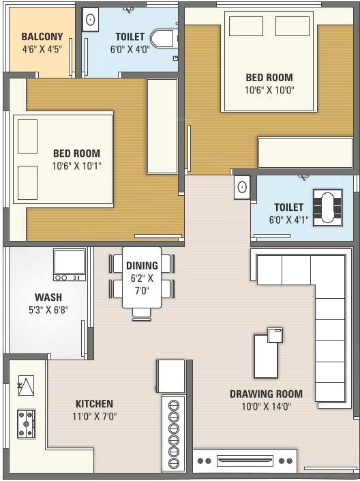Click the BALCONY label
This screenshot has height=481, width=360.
[x=42, y=37]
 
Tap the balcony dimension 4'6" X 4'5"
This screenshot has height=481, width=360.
[x=42, y=48]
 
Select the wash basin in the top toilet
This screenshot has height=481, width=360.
[x=91, y=20]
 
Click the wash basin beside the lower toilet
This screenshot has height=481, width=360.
[x=242, y=187]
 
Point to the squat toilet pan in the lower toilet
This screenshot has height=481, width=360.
[x=328, y=207]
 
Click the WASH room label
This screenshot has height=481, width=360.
[x=48, y=297]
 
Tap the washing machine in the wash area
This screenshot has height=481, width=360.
[x=70, y=265]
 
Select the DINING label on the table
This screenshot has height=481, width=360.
[x=142, y=265]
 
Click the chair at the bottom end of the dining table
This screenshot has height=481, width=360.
[x=142, y=315]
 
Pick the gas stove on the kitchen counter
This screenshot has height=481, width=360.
[x=27, y=424]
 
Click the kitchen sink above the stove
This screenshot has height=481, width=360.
[x=26, y=385]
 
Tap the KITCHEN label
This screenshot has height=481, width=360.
[x=95, y=403]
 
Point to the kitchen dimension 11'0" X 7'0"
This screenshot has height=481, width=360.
[x=95, y=417]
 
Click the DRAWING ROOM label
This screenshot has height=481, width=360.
[x=266, y=394]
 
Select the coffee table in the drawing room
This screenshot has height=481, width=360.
[x=266, y=356]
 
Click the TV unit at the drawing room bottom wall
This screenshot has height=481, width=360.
[x=245, y=461]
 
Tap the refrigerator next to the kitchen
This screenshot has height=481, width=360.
[x=171, y=377]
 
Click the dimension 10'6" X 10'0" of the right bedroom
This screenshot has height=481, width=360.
[x=269, y=90]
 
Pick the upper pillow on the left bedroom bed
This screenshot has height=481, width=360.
[x=27, y=136]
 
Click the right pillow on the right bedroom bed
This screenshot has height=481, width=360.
[x=292, y=26]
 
